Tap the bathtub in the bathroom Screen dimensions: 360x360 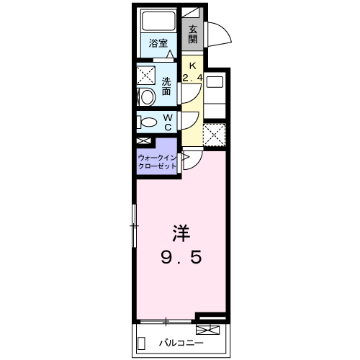(158, 22)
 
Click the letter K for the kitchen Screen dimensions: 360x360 (192, 64)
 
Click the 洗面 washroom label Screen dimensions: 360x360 (166, 86)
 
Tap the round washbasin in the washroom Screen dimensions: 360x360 (146, 97)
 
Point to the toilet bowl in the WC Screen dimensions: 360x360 (146, 122)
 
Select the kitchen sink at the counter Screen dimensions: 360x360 (214, 82)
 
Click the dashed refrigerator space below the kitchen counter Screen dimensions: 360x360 (213, 135)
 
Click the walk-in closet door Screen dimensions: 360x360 (184, 159)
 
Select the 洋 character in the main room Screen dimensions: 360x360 (181, 234)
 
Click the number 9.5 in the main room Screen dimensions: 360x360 (180, 258)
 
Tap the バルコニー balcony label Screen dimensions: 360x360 (179, 343)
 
